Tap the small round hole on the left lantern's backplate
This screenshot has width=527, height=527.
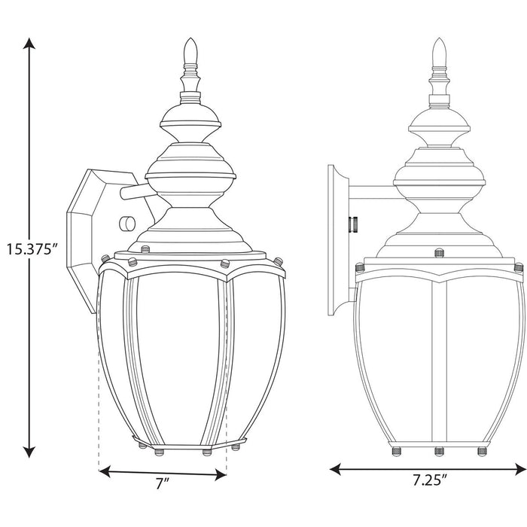[x=125, y=224]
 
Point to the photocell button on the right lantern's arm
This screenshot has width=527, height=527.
[x=352, y=223]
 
